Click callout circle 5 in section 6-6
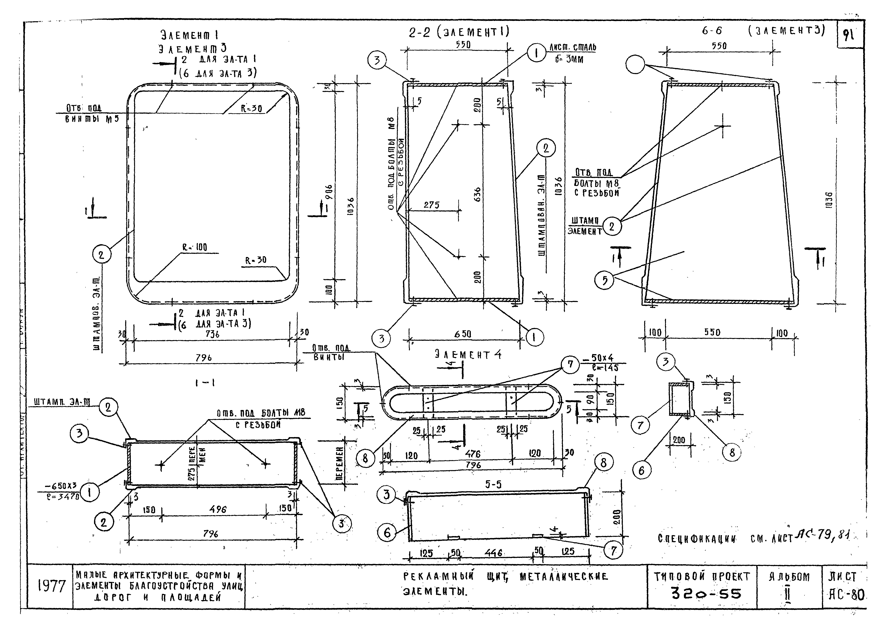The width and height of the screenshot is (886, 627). (x=605, y=280)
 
